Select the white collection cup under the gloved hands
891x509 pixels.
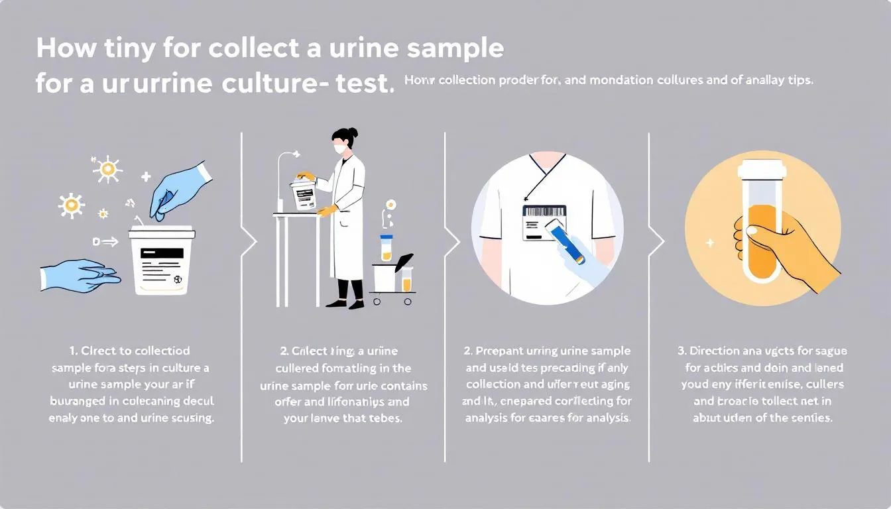click(162, 262)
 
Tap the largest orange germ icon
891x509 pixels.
click(107, 170)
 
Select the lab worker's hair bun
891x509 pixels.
click(354, 133)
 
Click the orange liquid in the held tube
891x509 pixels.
click(762, 239)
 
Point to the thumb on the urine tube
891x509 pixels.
click(756, 232)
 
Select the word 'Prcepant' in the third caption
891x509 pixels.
click(497, 351)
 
